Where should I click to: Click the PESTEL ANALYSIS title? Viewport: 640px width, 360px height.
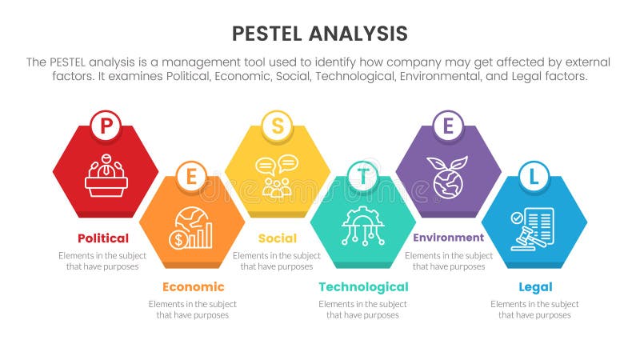[x=319, y=33]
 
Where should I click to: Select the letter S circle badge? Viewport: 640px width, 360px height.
[x=277, y=124]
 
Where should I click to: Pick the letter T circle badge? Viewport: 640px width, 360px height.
[x=362, y=176]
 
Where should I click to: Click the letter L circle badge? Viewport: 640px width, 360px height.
[x=534, y=176]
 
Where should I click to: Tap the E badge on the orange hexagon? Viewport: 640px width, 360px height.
[x=190, y=176]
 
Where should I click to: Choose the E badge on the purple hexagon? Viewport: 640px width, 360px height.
[x=448, y=124]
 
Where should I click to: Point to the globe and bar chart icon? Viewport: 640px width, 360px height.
[x=191, y=228]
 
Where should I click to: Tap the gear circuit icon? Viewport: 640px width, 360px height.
[x=362, y=226]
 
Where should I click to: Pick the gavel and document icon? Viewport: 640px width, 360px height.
[x=533, y=228]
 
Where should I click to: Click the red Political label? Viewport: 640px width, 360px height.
[x=103, y=238]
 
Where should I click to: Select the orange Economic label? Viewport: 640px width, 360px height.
[x=193, y=286]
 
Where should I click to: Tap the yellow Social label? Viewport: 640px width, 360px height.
[x=278, y=238]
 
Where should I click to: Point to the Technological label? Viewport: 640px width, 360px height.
[x=363, y=286]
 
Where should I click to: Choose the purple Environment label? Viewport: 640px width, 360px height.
[x=448, y=238]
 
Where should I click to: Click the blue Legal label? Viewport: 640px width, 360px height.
[x=534, y=286]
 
